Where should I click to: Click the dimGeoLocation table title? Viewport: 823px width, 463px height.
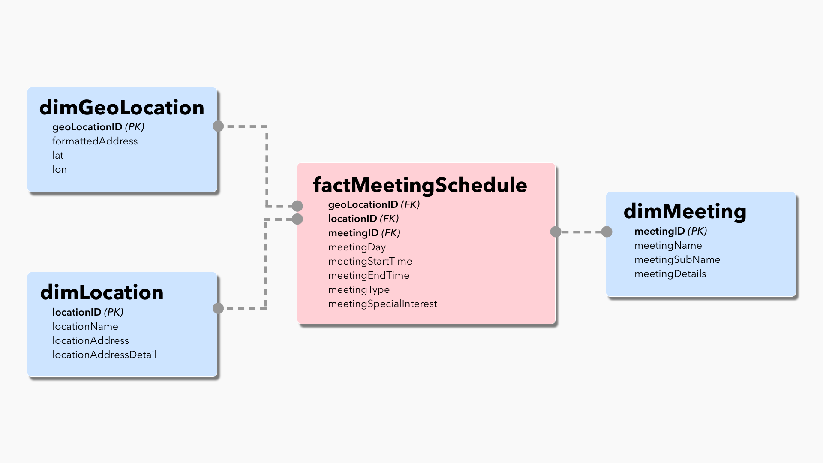pyautogui.click(x=122, y=108)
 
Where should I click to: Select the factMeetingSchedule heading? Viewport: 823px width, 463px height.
pyautogui.click(x=420, y=185)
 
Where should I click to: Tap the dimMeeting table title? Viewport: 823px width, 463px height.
pyautogui.click(x=685, y=211)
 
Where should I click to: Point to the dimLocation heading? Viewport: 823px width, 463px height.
pyautogui.click(x=102, y=292)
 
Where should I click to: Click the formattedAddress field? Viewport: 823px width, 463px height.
pyautogui.click(x=95, y=141)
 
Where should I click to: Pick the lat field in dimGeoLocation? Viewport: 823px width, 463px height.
pyautogui.click(x=58, y=155)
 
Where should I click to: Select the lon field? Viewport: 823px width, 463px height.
pyautogui.click(x=60, y=169)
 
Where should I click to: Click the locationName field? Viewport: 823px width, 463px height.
pyautogui.click(x=85, y=326)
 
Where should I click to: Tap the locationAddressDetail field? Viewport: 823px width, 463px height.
pyautogui.click(x=105, y=355)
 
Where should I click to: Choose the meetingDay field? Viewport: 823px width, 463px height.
pyautogui.click(x=357, y=247)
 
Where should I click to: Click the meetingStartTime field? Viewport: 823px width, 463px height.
pyautogui.click(x=370, y=261)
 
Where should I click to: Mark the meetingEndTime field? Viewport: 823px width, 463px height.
pyautogui.click(x=369, y=275)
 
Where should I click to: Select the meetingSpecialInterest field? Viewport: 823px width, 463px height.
pyautogui.click(x=383, y=304)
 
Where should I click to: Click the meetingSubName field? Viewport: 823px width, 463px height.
pyautogui.click(x=677, y=259)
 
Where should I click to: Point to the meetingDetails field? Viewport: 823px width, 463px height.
pyautogui.click(x=670, y=274)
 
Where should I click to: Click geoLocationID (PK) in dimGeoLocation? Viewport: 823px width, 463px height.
pyautogui.click(x=98, y=127)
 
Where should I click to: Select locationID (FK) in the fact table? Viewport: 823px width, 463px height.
pyautogui.click(x=363, y=219)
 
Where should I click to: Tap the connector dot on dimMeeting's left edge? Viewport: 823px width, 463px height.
pyautogui.click(x=607, y=232)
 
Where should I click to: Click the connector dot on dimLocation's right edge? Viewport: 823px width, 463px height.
pyautogui.click(x=218, y=308)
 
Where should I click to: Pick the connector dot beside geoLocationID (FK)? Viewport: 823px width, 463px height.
pyautogui.click(x=297, y=206)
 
